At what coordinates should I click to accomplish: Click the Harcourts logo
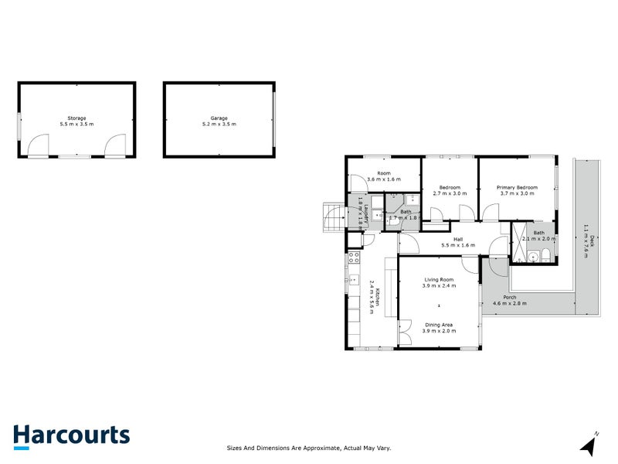pyautogui.click(x=71, y=435)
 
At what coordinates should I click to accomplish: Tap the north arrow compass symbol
pyautogui.click(x=590, y=445)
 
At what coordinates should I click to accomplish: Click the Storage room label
pyautogui.click(x=76, y=118)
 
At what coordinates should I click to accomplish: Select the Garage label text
pyautogui.click(x=219, y=118)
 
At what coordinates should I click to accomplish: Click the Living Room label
pyautogui.click(x=439, y=279)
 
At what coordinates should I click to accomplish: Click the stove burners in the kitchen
pyautogui.click(x=355, y=258)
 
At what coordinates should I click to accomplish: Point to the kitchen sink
pyautogui.click(x=354, y=281)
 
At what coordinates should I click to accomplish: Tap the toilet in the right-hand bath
pyautogui.click(x=546, y=256)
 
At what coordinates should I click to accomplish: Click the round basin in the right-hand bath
pyautogui.click(x=533, y=257)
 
